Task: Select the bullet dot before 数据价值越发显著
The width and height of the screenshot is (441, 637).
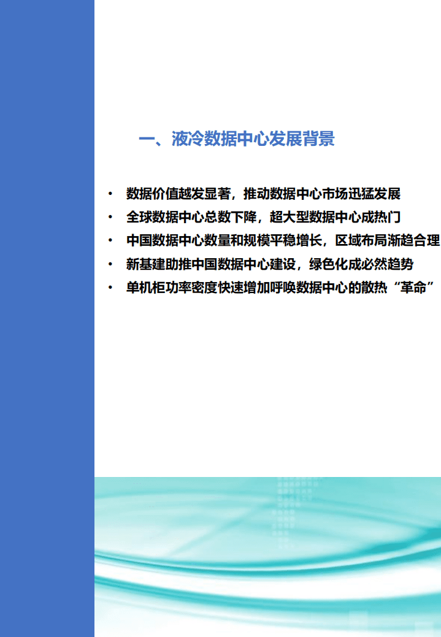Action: (110, 194)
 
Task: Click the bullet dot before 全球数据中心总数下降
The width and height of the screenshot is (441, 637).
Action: (110, 218)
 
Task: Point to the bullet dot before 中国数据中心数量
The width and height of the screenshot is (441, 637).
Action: (110, 241)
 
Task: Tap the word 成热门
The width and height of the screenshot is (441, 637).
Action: (381, 218)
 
